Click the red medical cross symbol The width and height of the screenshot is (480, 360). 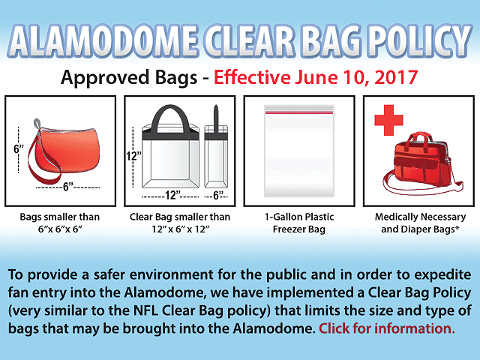(x=388, y=120)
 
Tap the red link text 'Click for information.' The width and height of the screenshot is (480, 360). (x=387, y=328)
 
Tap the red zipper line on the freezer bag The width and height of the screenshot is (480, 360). (x=299, y=113)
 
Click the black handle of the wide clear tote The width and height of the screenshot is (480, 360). (x=170, y=119)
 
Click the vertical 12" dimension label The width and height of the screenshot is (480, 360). (x=133, y=156)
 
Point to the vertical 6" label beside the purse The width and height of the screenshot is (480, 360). (x=19, y=149)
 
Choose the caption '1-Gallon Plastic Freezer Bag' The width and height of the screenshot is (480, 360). (x=299, y=223)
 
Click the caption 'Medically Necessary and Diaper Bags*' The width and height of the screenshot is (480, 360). (x=420, y=223)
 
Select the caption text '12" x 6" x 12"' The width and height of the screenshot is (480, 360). (x=180, y=229)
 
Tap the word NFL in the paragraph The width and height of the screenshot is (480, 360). (x=145, y=310)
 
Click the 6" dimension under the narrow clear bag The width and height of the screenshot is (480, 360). (x=217, y=195)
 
